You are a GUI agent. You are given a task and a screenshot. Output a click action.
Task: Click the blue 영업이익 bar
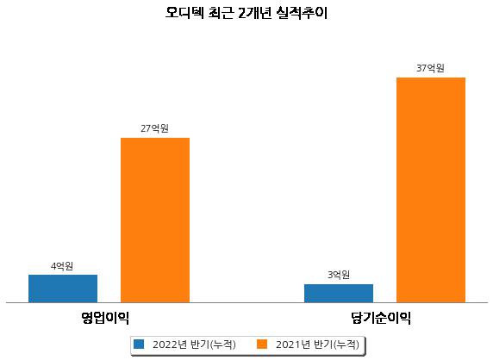[x=63, y=289]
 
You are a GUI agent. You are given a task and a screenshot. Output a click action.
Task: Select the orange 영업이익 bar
[x=155, y=220]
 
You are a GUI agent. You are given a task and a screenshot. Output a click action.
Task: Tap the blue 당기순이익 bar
[x=339, y=294]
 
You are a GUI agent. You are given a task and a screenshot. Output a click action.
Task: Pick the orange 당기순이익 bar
[x=431, y=190]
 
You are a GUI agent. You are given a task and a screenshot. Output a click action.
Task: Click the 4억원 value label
[x=62, y=266]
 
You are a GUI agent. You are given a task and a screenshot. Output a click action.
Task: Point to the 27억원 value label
[x=154, y=128]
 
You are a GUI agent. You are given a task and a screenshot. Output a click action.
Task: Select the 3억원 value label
[x=339, y=275]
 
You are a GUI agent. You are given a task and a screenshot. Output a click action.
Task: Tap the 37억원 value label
[x=430, y=68]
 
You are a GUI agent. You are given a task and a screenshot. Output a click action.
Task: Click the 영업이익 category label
[x=105, y=318]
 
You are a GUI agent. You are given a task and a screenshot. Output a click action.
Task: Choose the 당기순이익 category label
[x=381, y=318]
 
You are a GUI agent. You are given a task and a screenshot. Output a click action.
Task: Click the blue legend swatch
[x=139, y=344]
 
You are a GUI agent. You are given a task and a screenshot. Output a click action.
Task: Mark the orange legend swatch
[x=262, y=344]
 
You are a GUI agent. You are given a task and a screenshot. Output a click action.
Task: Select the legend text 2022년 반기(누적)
[x=194, y=344]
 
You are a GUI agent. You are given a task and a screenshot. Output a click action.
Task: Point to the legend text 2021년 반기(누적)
[x=317, y=344]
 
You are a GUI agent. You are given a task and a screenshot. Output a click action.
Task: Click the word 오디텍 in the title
[x=184, y=13]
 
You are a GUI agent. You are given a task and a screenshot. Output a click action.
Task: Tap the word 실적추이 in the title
[x=303, y=13]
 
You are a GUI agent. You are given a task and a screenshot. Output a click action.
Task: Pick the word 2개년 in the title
[x=254, y=13]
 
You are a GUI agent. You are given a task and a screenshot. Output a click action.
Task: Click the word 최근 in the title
[x=221, y=13]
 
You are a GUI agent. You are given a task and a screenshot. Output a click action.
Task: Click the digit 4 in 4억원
[x=53, y=267]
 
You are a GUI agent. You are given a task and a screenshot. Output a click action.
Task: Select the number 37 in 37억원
[x=421, y=68]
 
